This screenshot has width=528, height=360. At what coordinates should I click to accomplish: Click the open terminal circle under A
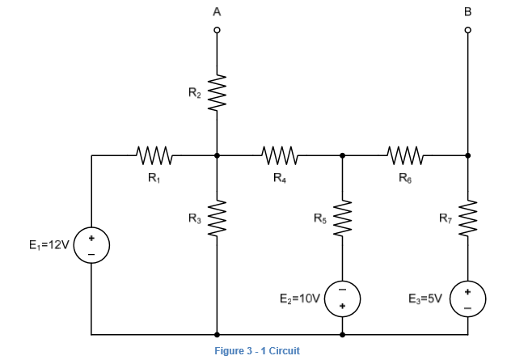[x=217, y=31]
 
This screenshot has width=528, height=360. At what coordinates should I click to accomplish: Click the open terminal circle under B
[x=467, y=31]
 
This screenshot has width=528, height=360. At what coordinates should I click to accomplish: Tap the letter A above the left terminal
[x=217, y=11]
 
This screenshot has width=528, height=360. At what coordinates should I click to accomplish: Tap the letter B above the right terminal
[x=467, y=11]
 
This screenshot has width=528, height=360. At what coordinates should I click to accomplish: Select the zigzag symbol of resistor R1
[x=153, y=153]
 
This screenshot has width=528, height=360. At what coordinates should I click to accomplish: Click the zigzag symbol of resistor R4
[x=279, y=153]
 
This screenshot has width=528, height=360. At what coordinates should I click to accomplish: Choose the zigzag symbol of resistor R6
[x=404, y=153]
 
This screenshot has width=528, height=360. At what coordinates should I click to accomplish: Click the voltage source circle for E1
[x=91, y=245]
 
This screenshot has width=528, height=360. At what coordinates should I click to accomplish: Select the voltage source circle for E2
[x=342, y=297]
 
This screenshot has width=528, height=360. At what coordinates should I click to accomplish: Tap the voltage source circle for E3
[x=467, y=297]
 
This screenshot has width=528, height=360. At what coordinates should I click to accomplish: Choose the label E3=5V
[x=425, y=298]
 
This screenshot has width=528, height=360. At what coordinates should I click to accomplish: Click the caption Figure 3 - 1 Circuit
[x=256, y=350]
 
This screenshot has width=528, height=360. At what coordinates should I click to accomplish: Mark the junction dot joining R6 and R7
[x=467, y=153]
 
